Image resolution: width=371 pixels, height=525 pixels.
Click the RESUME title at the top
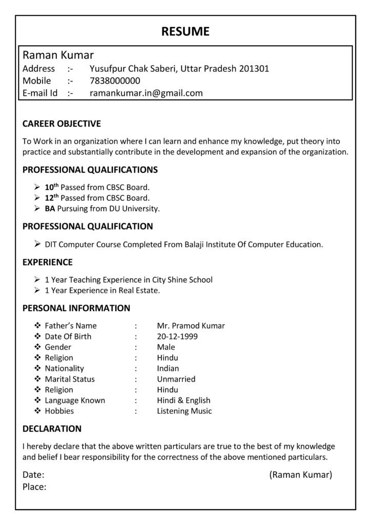185,31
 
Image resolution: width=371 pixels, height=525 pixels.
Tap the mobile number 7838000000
115,81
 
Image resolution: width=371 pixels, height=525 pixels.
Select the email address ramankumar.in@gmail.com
146,93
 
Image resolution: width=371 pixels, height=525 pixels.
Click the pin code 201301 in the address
254,69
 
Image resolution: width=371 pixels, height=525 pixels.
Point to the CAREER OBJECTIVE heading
62,124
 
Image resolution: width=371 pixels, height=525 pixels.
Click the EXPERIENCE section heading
48,262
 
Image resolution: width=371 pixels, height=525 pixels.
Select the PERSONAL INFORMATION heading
76,308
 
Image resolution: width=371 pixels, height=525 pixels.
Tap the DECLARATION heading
52,428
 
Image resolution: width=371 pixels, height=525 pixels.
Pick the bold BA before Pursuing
50,209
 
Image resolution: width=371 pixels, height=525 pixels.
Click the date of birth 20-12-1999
177,337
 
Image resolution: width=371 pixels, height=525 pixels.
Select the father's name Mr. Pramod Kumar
191,326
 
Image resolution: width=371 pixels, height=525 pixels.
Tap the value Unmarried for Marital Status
176,379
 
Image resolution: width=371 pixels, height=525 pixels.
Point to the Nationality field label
64,369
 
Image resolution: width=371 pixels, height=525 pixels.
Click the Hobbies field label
59,411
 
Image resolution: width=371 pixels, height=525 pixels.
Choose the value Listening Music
184,411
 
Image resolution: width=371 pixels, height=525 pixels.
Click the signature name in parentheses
301,475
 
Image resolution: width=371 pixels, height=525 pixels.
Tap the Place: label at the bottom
34,487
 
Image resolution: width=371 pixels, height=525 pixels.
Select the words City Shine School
182,280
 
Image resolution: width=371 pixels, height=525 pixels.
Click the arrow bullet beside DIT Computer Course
37,244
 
